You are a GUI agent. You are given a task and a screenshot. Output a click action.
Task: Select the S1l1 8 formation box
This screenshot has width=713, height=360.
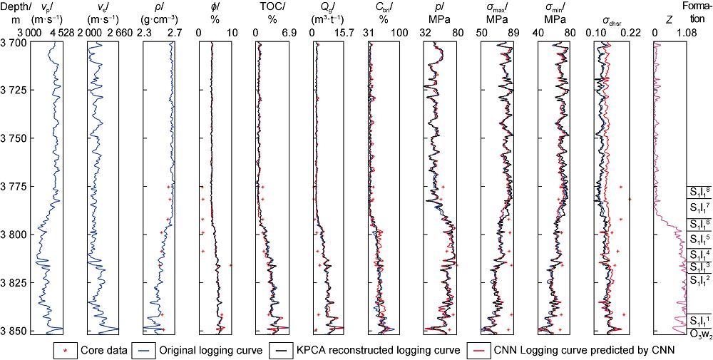699,191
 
